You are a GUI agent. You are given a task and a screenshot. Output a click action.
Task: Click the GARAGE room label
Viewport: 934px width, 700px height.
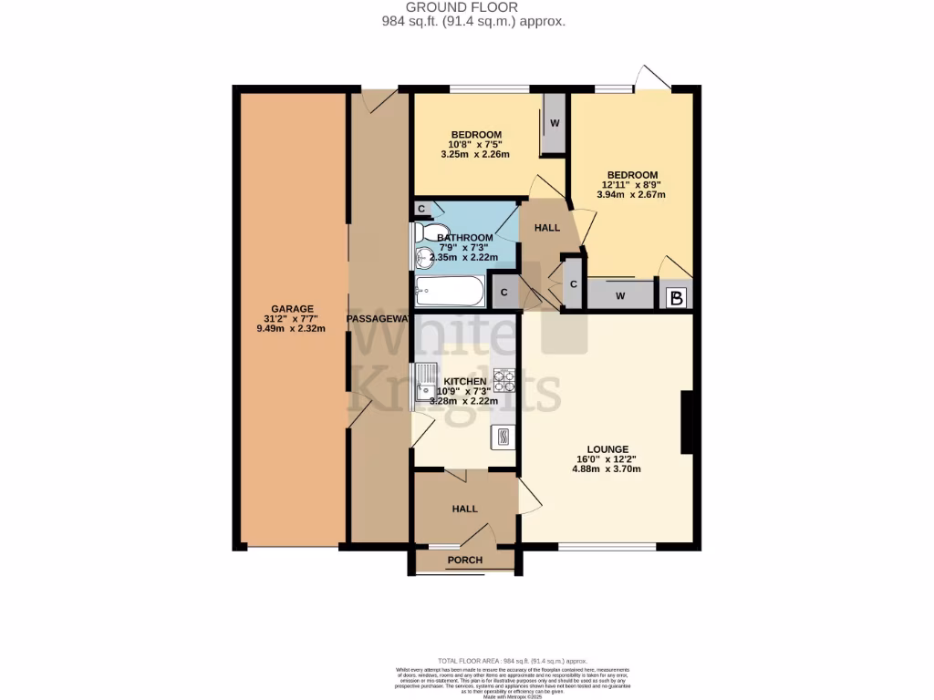pos(292,308)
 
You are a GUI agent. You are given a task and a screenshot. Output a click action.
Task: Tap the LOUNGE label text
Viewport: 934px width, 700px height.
pos(607,448)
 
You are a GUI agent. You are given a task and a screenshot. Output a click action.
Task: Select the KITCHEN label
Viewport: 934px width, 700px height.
pos(465,381)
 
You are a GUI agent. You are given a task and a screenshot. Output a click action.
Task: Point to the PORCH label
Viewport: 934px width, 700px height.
pos(465,560)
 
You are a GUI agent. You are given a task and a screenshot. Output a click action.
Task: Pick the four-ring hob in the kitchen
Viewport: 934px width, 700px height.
pos(504,380)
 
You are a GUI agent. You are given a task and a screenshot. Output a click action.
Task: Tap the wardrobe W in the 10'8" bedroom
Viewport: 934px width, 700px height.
pos(553,123)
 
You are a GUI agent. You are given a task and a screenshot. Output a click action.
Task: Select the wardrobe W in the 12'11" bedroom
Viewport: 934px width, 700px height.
pos(619,294)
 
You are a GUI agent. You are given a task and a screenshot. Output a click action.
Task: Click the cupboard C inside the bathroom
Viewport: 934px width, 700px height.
pos(421,209)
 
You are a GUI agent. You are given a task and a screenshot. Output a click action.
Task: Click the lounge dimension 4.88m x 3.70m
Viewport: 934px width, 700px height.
pos(607,470)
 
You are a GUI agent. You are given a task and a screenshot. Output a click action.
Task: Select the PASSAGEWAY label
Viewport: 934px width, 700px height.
pos(379,318)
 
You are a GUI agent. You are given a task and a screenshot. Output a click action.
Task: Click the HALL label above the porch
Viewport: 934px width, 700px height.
pos(465,509)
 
